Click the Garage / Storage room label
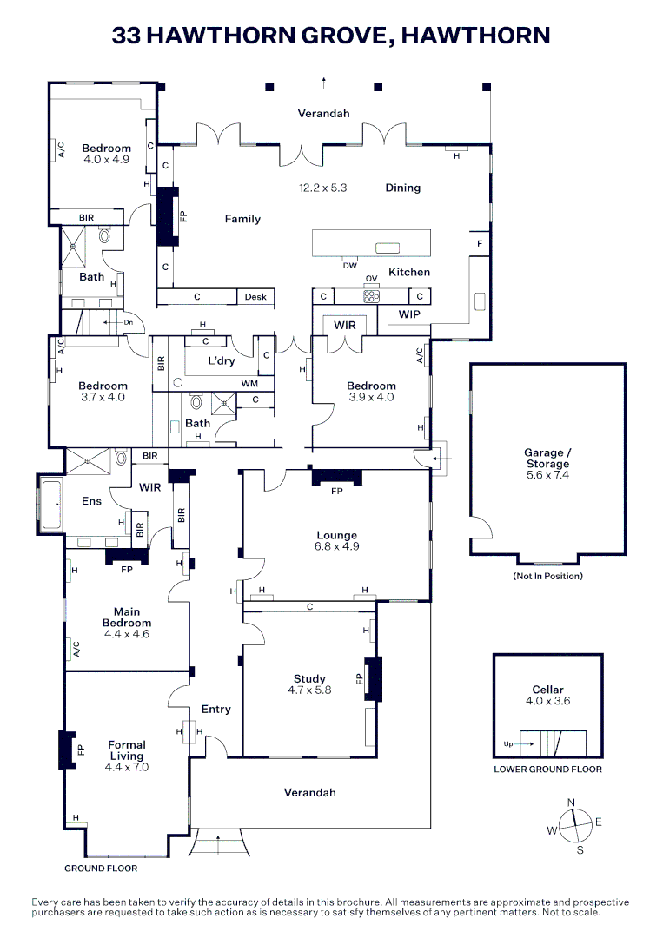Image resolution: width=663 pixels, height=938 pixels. click(x=547, y=458)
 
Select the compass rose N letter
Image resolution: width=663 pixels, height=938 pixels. click(x=571, y=802)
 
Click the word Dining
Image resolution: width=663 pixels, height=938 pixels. click(x=402, y=188)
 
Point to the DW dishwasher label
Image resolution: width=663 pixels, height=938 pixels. click(x=349, y=266)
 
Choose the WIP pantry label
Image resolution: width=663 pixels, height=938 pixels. click(x=408, y=314)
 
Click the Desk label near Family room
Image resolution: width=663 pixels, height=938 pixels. click(x=255, y=297)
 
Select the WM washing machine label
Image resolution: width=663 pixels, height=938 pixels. click(x=249, y=383)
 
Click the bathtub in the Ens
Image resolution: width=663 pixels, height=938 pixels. click(x=50, y=503)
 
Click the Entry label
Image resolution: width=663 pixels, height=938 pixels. click(x=216, y=709)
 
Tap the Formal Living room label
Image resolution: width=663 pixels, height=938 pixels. click(x=127, y=750)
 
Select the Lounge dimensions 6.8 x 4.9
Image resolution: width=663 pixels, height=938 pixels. click(x=336, y=546)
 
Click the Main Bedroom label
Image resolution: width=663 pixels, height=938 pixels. click(x=127, y=617)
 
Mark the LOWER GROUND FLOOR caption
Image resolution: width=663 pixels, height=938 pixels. click(x=547, y=769)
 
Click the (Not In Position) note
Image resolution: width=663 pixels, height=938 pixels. click(x=547, y=576)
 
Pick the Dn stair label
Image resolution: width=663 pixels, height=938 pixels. click(x=128, y=321)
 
